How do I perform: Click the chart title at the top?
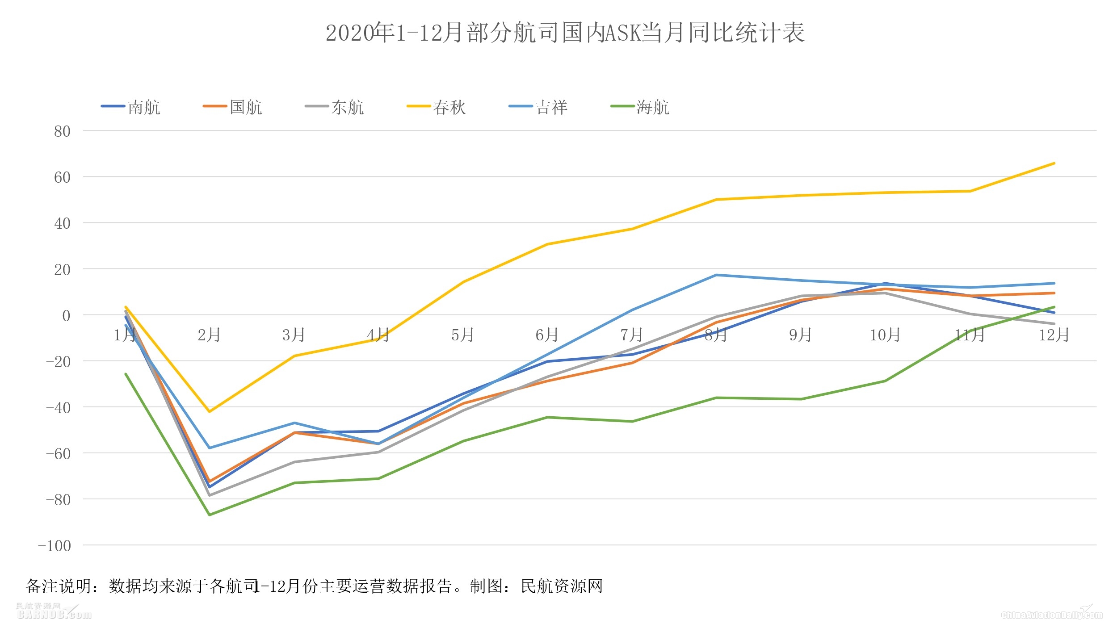click(x=565, y=33)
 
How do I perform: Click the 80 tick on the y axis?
click(x=62, y=131)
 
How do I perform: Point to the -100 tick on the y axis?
click(x=55, y=546)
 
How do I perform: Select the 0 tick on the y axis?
click(x=66, y=316)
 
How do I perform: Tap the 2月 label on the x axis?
click(x=209, y=335)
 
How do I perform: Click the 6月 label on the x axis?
click(x=547, y=335)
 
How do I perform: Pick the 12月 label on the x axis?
click(x=1054, y=335)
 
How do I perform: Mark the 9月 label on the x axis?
click(x=800, y=335)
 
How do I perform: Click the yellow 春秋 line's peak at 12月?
click(x=1054, y=163)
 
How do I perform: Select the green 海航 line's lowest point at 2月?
click(x=210, y=515)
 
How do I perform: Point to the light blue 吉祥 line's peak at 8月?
click(x=716, y=275)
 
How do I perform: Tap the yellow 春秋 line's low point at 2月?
click(x=210, y=411)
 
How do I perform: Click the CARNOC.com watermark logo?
click(x=54, y=611)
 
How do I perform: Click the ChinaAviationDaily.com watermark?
click(x=1052, y=615)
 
